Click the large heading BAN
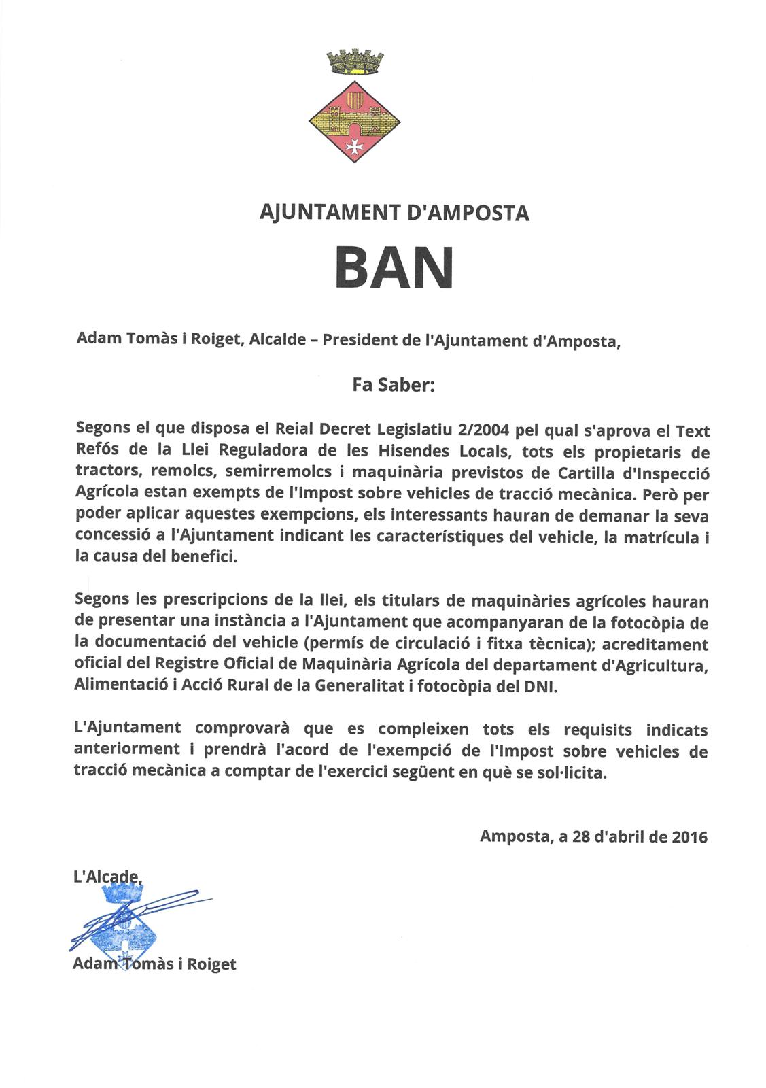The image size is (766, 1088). click(394, 267)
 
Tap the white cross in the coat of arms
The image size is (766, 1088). click(354, 146)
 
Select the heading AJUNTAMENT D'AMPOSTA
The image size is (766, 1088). click(394, 213)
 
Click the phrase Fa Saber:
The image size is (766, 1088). click(393, 386)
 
